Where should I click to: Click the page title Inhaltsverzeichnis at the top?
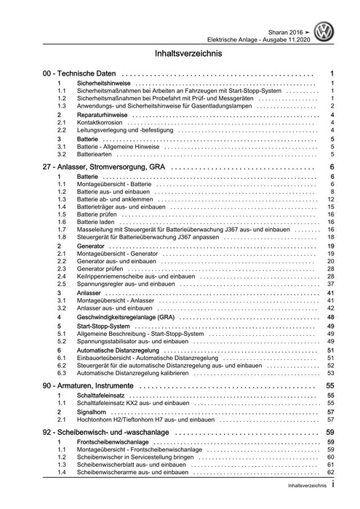[x=180, y=54]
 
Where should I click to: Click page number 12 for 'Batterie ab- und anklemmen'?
[x=329, y=199]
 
